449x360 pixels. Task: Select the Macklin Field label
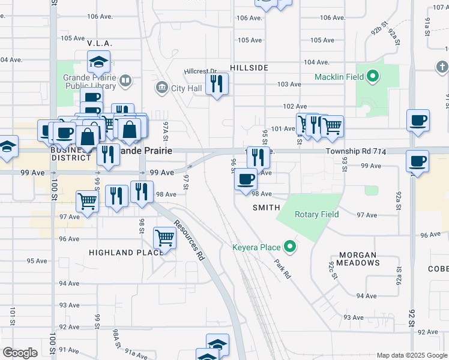340,77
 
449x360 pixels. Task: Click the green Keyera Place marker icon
291,247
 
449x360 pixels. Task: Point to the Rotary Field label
316,214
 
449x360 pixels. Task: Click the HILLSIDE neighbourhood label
248,68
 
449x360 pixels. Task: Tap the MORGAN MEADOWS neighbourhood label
358,259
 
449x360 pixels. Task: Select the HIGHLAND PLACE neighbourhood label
126,253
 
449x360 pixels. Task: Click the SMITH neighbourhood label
266,208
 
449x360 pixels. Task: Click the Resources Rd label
190,240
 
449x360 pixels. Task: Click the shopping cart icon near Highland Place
164,238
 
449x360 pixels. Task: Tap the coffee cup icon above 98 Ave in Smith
246,179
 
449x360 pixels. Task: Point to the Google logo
20,353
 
